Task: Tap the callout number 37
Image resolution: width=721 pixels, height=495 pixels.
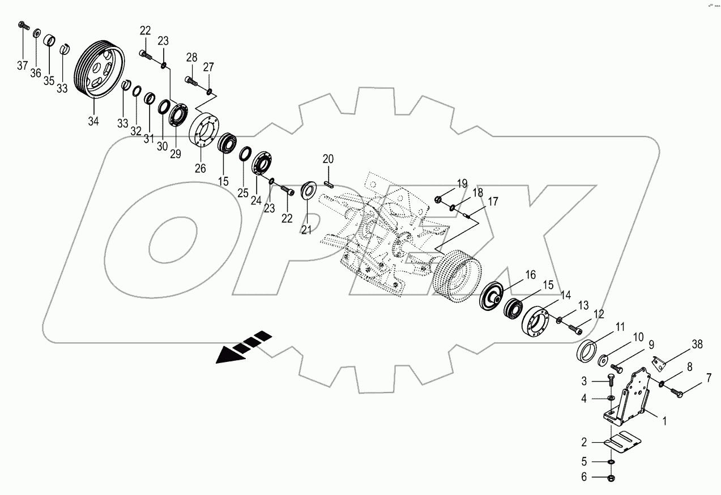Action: (x=22, y=66)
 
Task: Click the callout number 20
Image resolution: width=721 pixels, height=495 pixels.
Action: (x=328, y=159)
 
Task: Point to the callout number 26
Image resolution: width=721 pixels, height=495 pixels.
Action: (x=200, y=168)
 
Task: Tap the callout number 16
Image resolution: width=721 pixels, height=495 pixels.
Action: (x=530, y=275)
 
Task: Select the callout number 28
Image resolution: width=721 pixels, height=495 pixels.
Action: (x=191, y=57)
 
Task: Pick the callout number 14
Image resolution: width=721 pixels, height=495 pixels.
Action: (x=566, y=295)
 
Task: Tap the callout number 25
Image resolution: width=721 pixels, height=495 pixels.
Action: (x=243, y=193)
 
